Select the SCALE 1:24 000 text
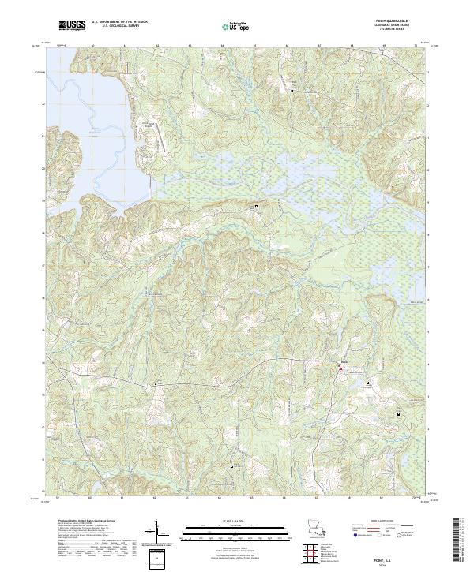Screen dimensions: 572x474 tap(225, 519)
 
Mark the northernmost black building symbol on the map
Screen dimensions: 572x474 tap(292, 92)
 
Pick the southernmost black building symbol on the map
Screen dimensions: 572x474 tap(231, 467)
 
